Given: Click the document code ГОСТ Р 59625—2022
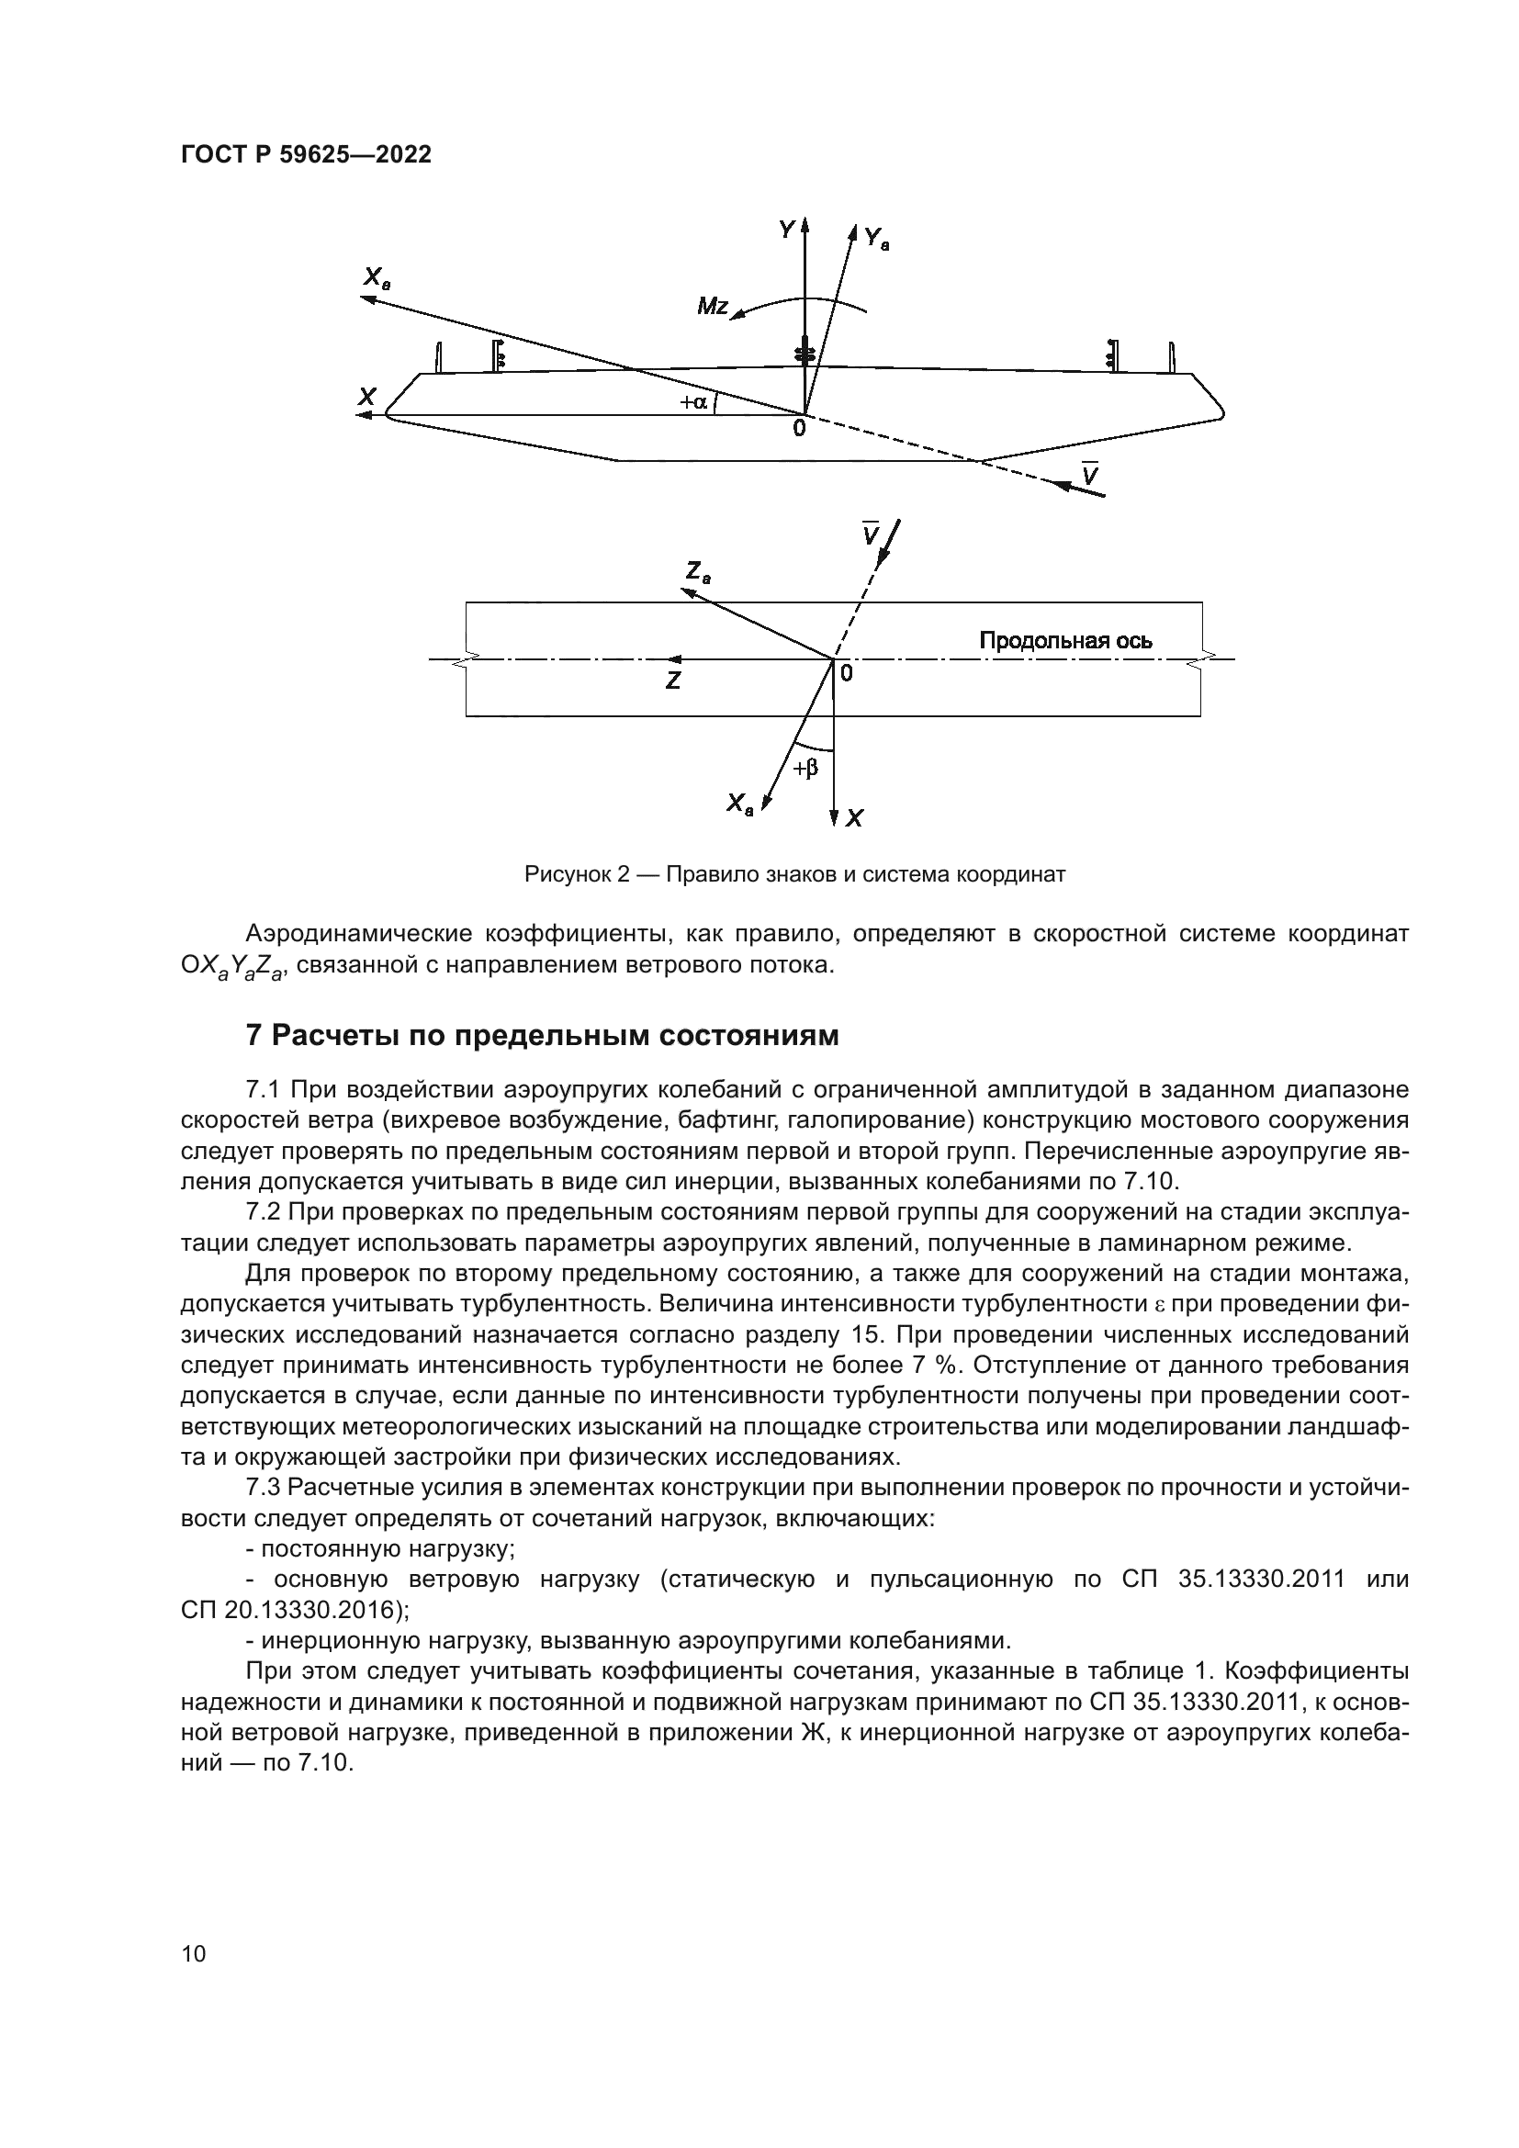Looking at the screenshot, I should pyautogui.click(x=306, y=155).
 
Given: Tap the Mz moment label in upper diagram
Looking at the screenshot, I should pyautogui.click(x=713, y=306).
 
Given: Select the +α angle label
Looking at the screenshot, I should pyautogui.click(x=694, y=402).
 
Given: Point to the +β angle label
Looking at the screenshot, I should pyautogui.click(x=805, y=768).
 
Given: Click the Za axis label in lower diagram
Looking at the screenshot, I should pyautogui.click(x=698, y=571).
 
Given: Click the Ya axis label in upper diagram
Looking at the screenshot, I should pyautogui.click(x=876, y=239).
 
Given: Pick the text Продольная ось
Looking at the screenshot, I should pyautogui.click(x=1065, y=641).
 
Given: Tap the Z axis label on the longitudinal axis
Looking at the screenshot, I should pyautogui.click(x=672, y=682).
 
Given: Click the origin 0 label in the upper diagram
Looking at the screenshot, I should pyautogui.click(x=798, y=429).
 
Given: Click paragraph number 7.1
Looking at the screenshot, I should pyautogui.click(x=263, y=1090).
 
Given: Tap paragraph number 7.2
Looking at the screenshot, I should pyautogui.click(x=263, y=1212).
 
